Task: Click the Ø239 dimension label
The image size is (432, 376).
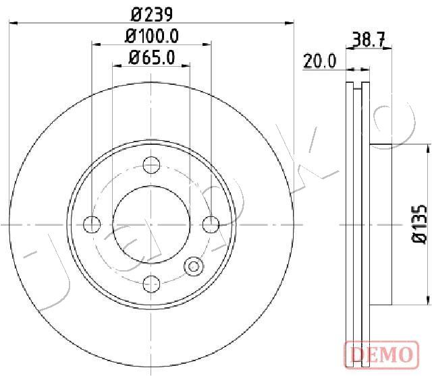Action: pyautogui.click(x=152, y=15)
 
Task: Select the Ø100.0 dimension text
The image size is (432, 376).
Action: pyautogui.click(x=152, y=36)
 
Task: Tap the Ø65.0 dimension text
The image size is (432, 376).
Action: pyautogui.click(x=152, y=57)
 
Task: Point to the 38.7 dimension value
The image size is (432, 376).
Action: pyautogui.click(x=369, y=39)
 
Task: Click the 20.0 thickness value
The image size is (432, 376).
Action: pyautogui.click(x=319, y=61)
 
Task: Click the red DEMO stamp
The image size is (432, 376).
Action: pyautogui.click(x=382, y=354)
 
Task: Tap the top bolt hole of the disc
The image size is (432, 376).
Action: pyautogui.click(x=151, y=165)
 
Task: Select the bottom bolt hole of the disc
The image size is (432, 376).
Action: pyautogui.click(x=151, y=284)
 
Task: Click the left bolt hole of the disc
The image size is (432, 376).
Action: pyautogui.click(x=92, y=224)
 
